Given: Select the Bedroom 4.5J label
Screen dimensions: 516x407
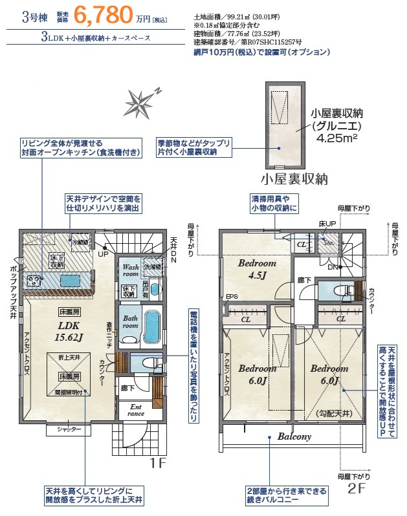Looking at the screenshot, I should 257,269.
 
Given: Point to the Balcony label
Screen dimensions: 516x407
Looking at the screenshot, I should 294,436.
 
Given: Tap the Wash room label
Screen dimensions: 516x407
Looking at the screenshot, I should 131,270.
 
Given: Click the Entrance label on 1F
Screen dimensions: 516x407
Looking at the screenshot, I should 137,410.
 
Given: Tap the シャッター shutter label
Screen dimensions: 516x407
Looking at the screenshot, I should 69,429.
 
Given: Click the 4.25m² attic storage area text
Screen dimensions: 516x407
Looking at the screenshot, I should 335,138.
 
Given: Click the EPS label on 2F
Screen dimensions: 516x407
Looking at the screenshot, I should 231,297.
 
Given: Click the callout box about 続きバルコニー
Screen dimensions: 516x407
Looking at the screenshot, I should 285,496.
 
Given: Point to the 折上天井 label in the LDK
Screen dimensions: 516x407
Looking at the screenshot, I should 69,358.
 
